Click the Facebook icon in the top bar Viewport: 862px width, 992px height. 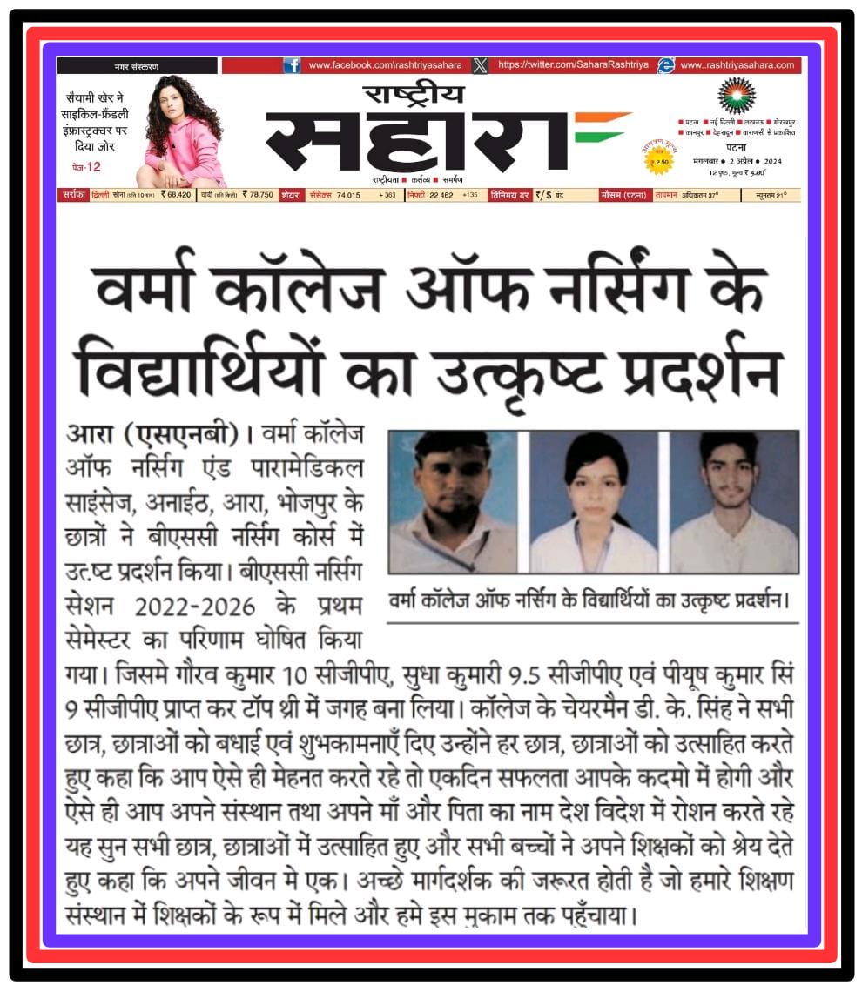(292, 65)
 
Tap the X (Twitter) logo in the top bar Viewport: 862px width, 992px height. (480, 65)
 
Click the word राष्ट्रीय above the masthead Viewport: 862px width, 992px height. (414, 93)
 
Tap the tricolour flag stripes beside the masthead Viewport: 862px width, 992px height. (600, 127)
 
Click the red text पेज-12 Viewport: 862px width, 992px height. (86, 166)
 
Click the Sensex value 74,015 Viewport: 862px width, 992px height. (347, 195)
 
